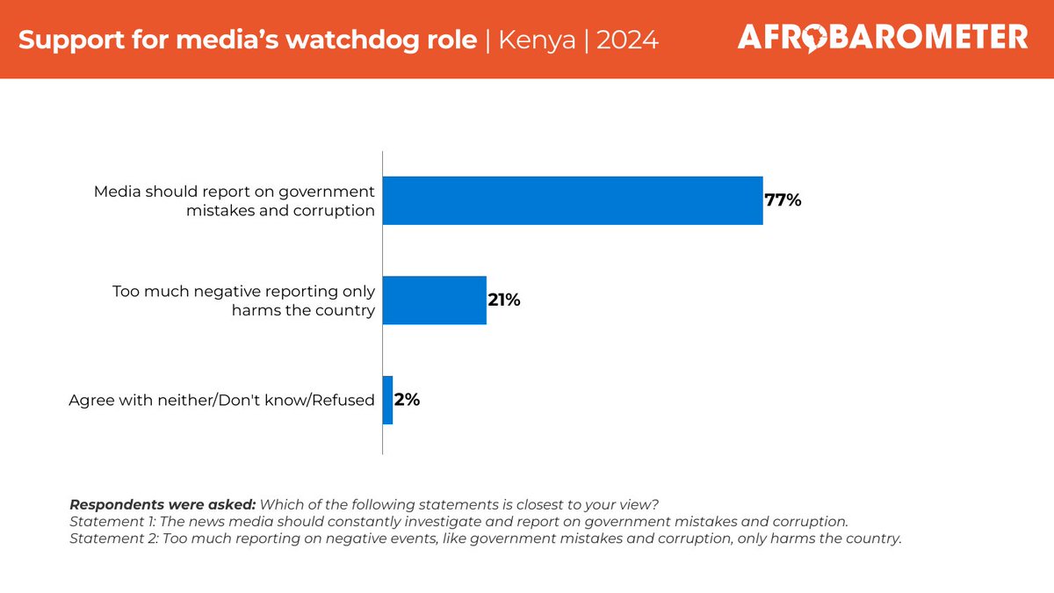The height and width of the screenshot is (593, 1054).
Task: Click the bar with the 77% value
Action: [572, 200]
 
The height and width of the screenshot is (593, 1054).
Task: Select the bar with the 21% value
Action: [434, 300]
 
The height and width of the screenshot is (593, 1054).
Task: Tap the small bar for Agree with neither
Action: [387, 401]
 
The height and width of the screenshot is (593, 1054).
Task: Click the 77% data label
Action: [783, 200]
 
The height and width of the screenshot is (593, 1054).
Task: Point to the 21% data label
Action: [504, 300]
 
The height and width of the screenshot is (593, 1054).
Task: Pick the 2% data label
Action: [407, 401]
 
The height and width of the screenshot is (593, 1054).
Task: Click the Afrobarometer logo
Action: [882, 37]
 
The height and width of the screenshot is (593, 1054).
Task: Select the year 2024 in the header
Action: [627, 40]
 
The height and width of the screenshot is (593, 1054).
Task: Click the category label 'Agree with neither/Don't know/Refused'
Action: [221, 401]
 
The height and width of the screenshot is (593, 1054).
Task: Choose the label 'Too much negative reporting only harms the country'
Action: [243, 300]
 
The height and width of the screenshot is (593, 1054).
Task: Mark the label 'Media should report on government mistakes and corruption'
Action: [235, 200]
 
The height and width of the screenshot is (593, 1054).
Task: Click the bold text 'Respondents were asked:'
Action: [162, 505]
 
